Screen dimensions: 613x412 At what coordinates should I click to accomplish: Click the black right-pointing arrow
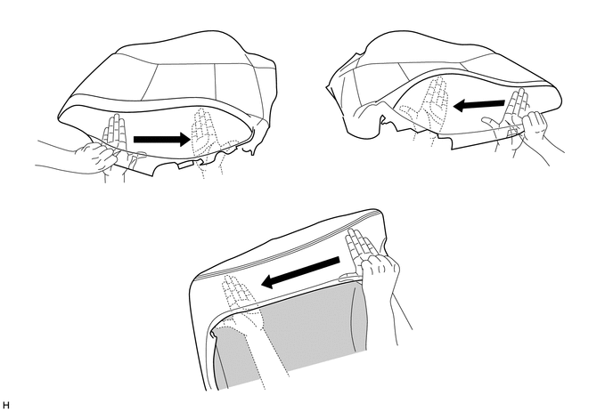(162, 140)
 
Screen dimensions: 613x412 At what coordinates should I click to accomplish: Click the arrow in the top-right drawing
(479, 105)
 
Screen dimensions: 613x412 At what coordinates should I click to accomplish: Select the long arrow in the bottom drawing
(300, 272)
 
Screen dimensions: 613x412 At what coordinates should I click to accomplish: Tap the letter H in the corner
(5, 405)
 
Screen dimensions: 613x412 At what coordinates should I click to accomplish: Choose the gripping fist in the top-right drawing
(535, 125)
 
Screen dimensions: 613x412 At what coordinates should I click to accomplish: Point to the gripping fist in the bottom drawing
(380, 273)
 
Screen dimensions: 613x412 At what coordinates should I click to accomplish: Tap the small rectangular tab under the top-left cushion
(185, 165)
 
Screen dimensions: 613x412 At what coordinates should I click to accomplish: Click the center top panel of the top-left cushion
(184, 82)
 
